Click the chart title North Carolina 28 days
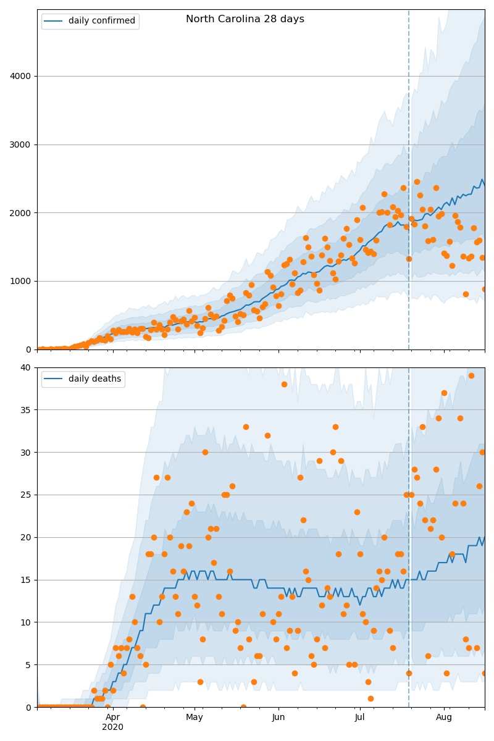(x=245, y=19)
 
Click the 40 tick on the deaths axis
(x=25, y=367)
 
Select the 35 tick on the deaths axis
(x=25, y=410)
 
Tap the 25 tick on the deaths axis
(x=25, y=495)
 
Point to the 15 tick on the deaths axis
(x=25, y=580)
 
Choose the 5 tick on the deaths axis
(x=28, y=665)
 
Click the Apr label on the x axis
(x=112, y=717)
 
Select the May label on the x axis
(x=195, y=717)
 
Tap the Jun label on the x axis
(x=278, y=717)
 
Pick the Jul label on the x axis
(x=360, y=717)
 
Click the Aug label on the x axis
(x=444, y=717)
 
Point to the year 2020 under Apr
(x=112, y=727)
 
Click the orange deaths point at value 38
(x=284, y=384)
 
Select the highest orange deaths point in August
(x=471, y=375)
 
